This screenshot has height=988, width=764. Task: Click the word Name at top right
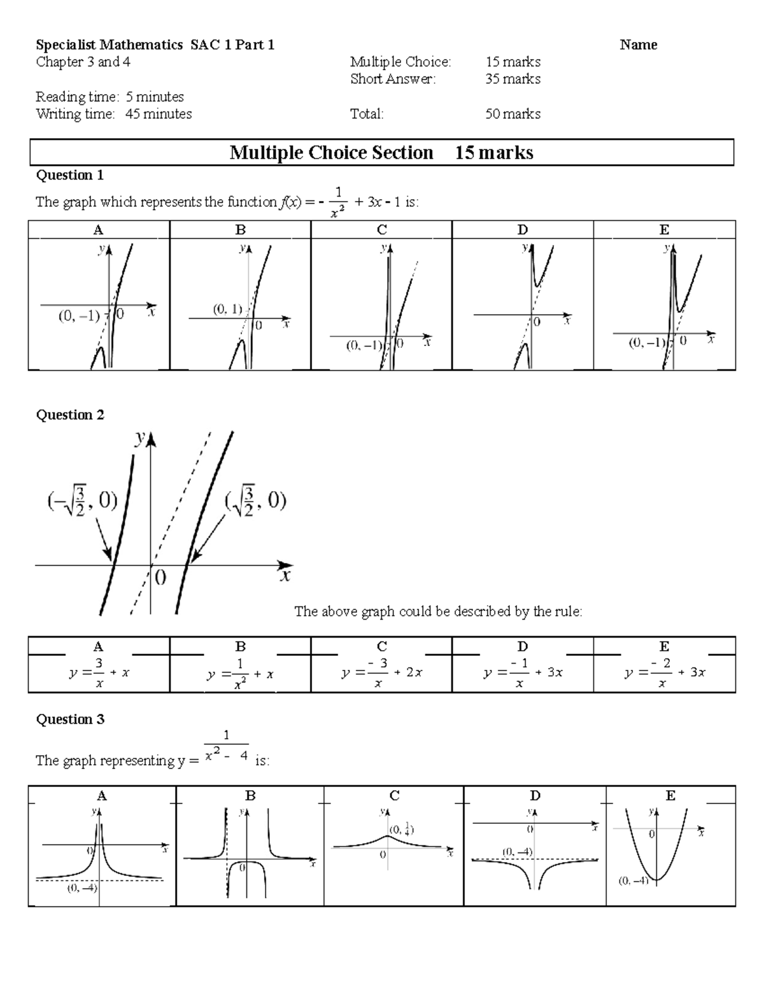pyautogui.click(x=638, y=45)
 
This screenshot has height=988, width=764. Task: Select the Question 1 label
pyautogui.click(x=69, y=175)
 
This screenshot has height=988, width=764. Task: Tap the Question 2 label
pyautogui.click(x=69, y=415)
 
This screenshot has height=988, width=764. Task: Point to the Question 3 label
pyautogui.click(x=69, y=719)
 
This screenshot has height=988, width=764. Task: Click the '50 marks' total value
pyautogui.click(x=513, y=114)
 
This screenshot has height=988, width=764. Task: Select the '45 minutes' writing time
pyautogui.click(x=159, y=114)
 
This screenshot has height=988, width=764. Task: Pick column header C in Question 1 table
pyautogui.click(x=381, y=230)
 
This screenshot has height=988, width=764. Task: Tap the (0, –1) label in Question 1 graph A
pyautogui.click(x=79, y=315)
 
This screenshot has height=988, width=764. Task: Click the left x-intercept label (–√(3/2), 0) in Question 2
pyautogui.click(x=81, y=502)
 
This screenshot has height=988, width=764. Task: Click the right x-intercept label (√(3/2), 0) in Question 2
pyautogui.click(x=255, y=502)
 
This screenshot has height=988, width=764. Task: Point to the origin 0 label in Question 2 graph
pyautogui.click(x=160, y=577)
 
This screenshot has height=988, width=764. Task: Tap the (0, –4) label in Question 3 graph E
pyautogui.click(x=632, y=881)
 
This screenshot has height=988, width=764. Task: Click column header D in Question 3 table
pyautogui.click(x=535, y=795)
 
